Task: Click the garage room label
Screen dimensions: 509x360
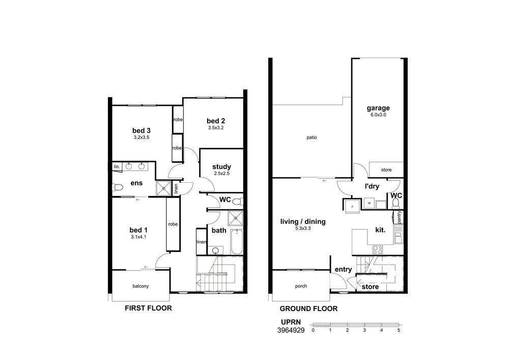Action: point(378,108)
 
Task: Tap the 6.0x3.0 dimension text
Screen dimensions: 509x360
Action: point(378,115)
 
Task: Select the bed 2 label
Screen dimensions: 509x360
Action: point(216,121)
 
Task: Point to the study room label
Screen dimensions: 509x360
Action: point(222,167)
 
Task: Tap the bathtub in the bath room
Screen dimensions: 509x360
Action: point(237,242)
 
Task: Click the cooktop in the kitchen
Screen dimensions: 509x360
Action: point(378,250)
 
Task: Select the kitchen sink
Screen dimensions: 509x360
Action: point(399,235)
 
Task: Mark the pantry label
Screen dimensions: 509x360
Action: point(399,217)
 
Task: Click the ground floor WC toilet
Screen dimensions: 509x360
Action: point(395,203)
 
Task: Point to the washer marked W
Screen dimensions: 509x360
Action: point(369,203)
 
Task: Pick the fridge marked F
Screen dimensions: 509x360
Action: point(352,206)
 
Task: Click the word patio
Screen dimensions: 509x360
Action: point(312,137)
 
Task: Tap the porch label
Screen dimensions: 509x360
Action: point(301,286)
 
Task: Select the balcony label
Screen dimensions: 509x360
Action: point(140,286)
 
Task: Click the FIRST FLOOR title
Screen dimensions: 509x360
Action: point(148,308)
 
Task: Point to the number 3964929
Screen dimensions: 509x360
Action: point(291,330)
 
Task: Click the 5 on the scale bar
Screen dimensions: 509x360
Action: point(399,330)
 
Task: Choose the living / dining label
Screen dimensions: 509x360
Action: point(303,221)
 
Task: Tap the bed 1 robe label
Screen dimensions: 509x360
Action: point(173,225)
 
